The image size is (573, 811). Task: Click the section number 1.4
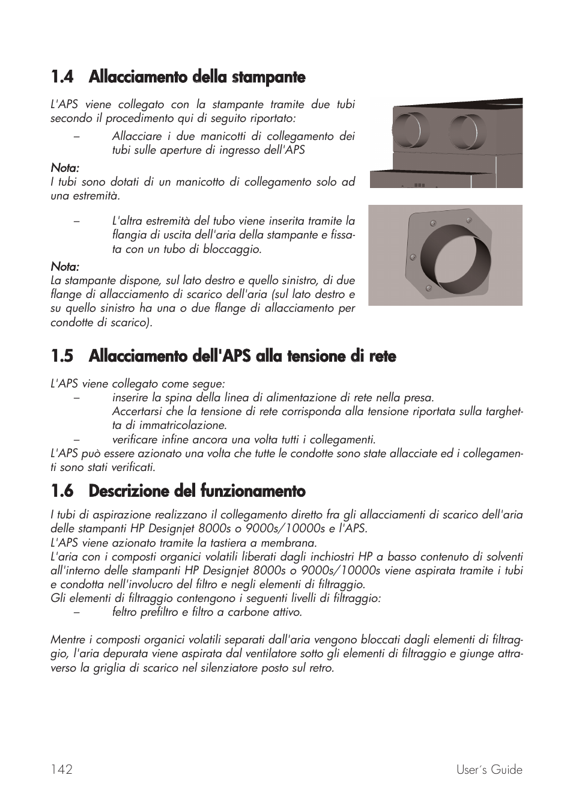[x=62, y=77]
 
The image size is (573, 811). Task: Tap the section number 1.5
[x=62, y=356]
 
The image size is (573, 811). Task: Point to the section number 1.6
[x=62, y=491]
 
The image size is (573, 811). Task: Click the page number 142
[x=62, y=770]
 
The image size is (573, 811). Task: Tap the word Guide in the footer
[x=508, y=770]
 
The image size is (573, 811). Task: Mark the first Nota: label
[x=65, y=168]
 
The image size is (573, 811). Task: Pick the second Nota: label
[x=65, y=266]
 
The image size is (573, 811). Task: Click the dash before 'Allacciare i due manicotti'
[x=76, y=136]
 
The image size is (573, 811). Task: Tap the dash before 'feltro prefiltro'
[x=76, y=612]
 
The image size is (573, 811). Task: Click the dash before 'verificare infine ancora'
[x=76, y=439]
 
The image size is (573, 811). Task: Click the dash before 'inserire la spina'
[x=76, y=398]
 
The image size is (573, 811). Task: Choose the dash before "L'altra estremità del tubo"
[x=76, y=221]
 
